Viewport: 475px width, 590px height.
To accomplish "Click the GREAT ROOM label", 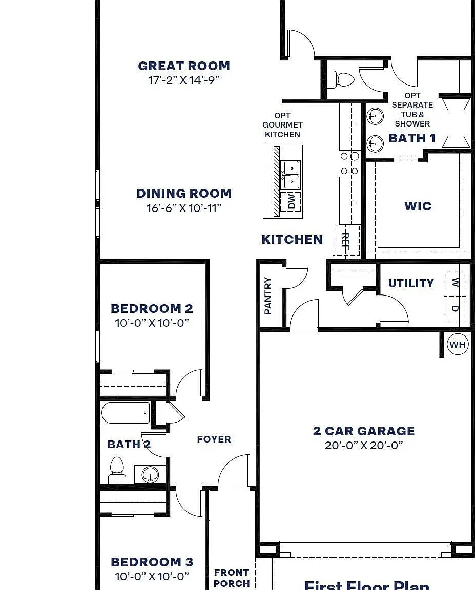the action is pyautogui.click(x=183, y=66).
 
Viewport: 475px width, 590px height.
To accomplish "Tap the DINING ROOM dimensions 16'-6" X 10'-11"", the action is pyautogui.click(x=183, y=208).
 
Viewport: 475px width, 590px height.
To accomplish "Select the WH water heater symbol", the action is pyautogui.click(x=457, y=345).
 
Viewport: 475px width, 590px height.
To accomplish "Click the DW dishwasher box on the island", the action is pyautogui.click(x=292, y=201).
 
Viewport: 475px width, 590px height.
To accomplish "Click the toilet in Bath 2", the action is pyautogui.click(x=117, y=470).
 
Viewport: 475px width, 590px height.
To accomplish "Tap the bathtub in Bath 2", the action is pyautogui.click(x=126, y=413).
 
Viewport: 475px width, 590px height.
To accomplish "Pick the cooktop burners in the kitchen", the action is pyautogui.click(x=349, y=163).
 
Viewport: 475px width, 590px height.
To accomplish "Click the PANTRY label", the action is pyautogui.click(x=268, y=296).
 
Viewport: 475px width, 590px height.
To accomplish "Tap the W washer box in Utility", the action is pyautogui.click(x=455, y=283).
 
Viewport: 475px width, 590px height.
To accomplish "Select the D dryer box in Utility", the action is pyautogui.click(x=455, y=308).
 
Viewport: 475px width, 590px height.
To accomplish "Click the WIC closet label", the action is pyautogui.click(x=418, y=206).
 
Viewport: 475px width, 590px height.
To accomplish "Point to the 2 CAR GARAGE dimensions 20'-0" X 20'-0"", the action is pyautogui.click(x=364, y=445).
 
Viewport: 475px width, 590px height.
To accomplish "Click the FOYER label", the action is pyautogui.click(x=214, y=439).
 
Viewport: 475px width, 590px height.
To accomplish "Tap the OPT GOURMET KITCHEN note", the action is pyautogui.click(x=282, y=125).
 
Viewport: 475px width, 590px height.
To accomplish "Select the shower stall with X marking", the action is pyautogui.click(x=456, y=123).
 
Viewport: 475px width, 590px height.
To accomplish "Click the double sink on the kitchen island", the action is pyautogui.click(x=292, y=175).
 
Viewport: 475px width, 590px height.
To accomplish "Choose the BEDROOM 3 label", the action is pyautogui.click(x=152, y=562).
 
